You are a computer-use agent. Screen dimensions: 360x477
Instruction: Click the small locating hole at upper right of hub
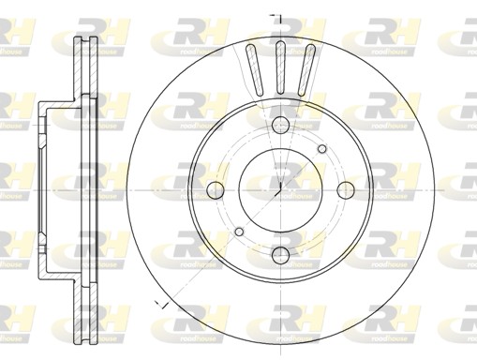pos(323,148)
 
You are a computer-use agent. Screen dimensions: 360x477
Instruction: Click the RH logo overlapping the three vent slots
pos(281,38)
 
